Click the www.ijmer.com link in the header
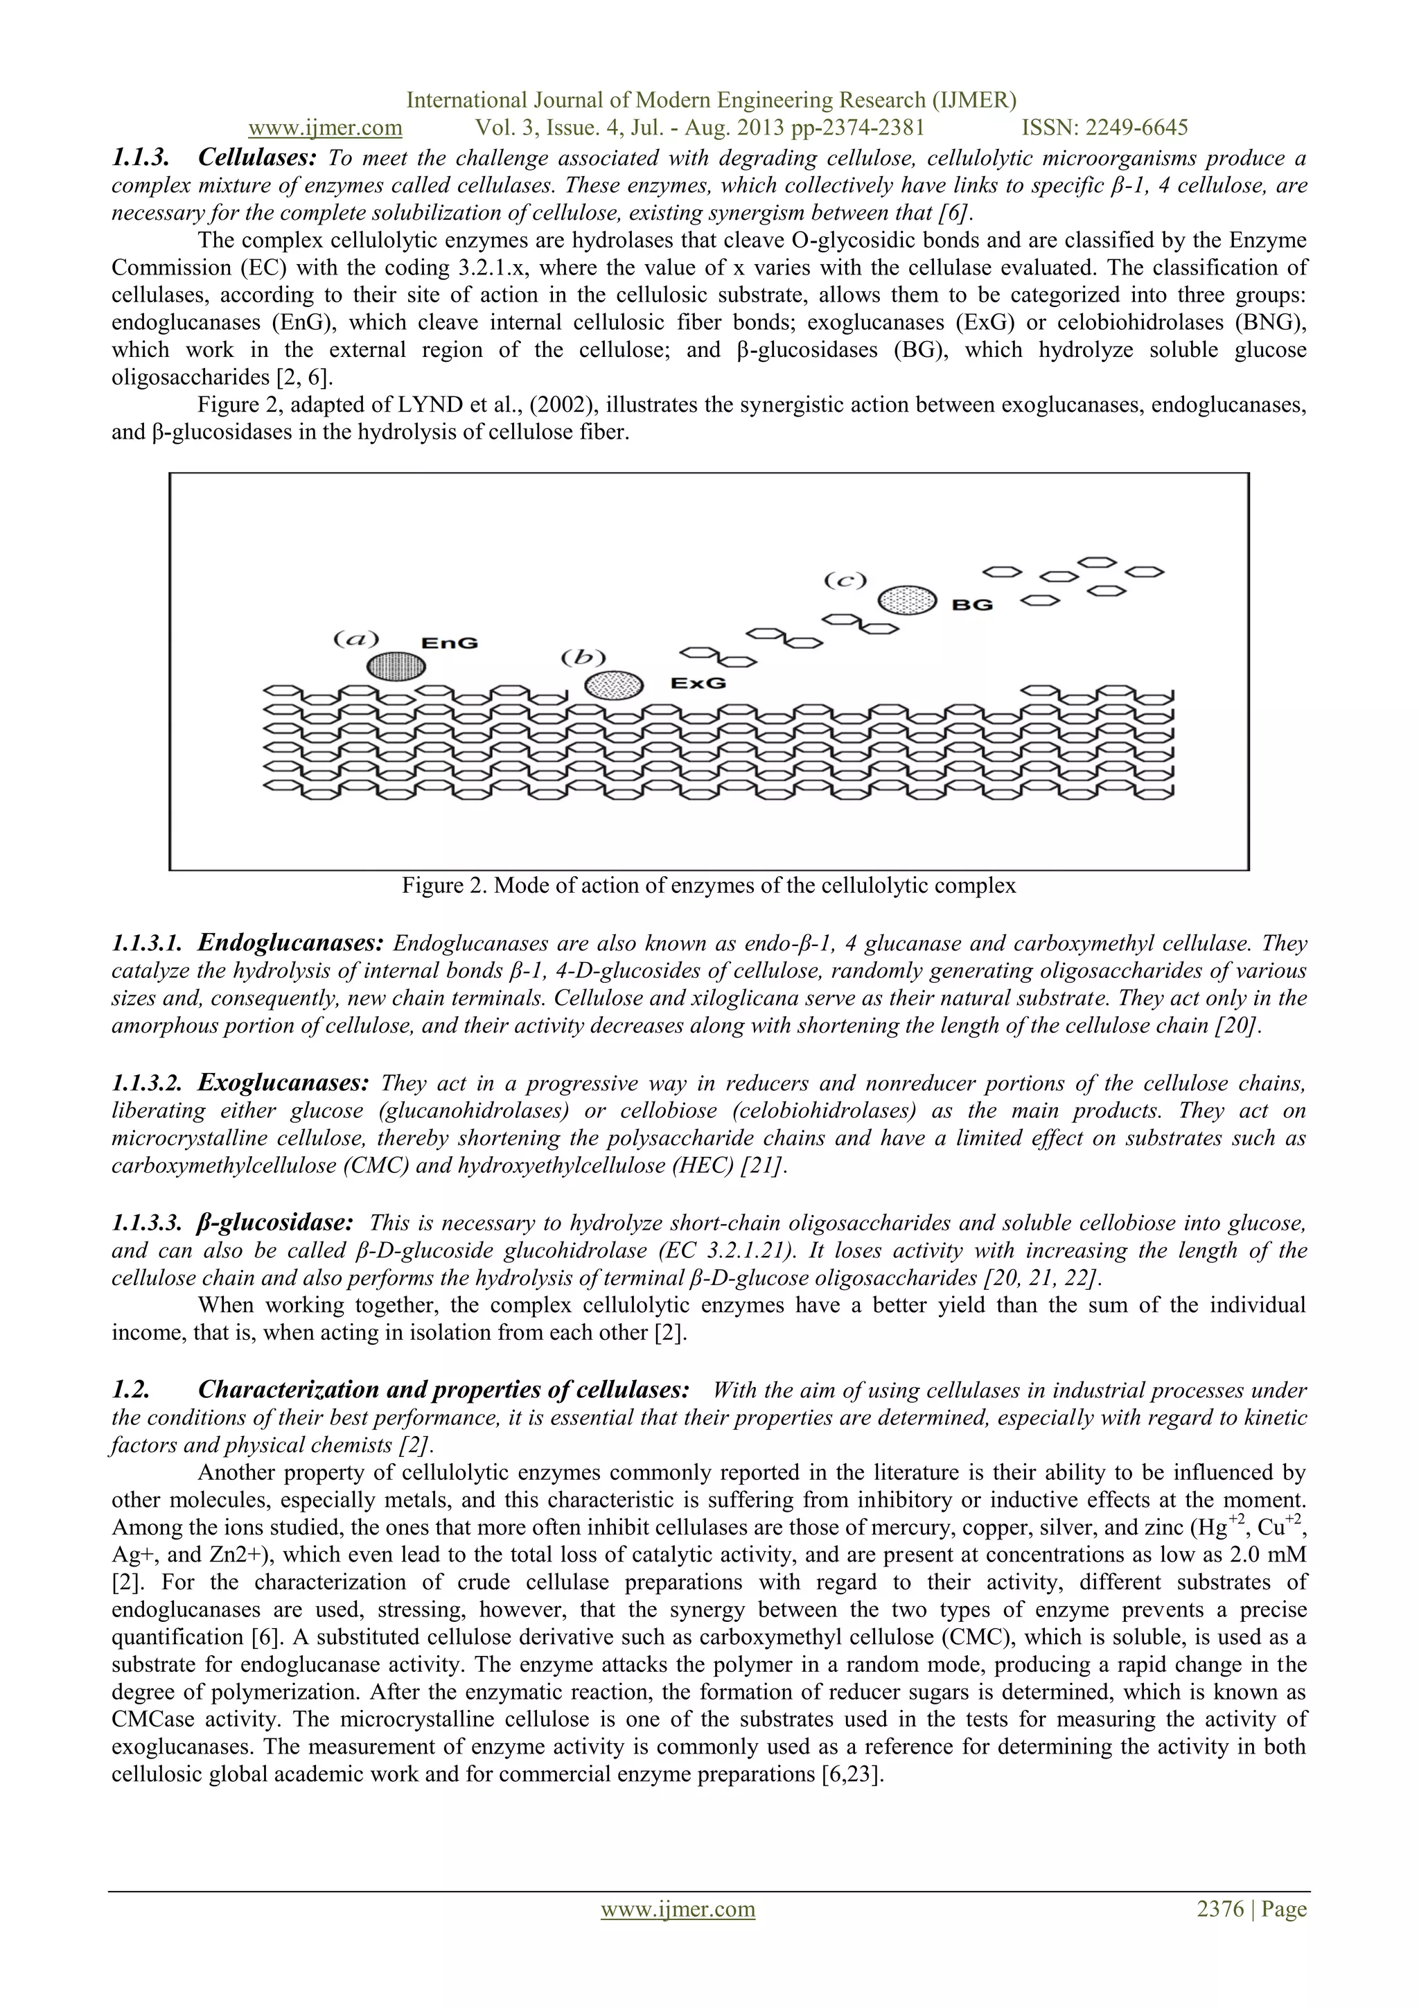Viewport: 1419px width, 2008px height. (325, 128)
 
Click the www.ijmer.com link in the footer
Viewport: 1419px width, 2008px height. (678, 1934)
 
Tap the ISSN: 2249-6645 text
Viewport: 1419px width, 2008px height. (1105, 128)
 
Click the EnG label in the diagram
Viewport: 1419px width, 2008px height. (450, 643)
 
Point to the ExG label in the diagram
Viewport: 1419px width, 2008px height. (698, 683)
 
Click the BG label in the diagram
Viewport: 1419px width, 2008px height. (971, 604)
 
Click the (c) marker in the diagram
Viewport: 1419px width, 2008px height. (845, 580)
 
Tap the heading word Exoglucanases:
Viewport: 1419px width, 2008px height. (283, 1083)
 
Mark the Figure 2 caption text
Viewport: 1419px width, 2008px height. (708, 885)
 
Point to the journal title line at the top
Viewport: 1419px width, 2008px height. (711, 101)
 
